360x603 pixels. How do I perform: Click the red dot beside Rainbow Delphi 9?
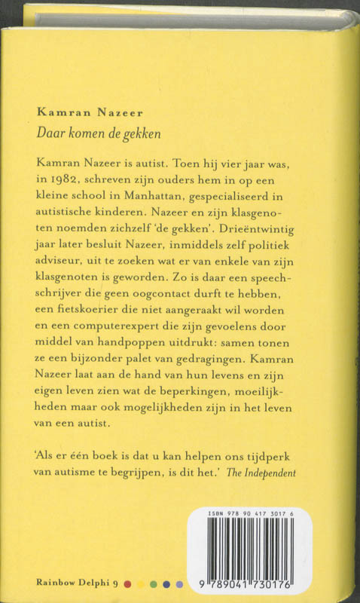click(x=127, y=583)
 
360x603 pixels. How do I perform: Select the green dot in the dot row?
click(x=154, y=583)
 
